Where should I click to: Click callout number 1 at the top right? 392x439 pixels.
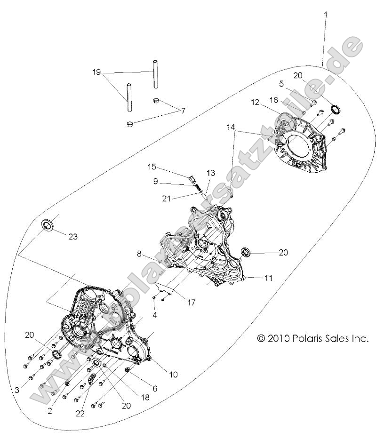325,15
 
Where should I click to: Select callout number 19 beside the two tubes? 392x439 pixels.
96,72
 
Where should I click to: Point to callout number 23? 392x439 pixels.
72,237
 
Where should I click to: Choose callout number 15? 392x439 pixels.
152,167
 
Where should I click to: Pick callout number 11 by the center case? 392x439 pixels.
268,278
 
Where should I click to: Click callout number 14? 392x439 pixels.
230,127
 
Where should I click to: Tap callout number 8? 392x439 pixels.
140,254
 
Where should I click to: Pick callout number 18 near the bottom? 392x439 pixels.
144,397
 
